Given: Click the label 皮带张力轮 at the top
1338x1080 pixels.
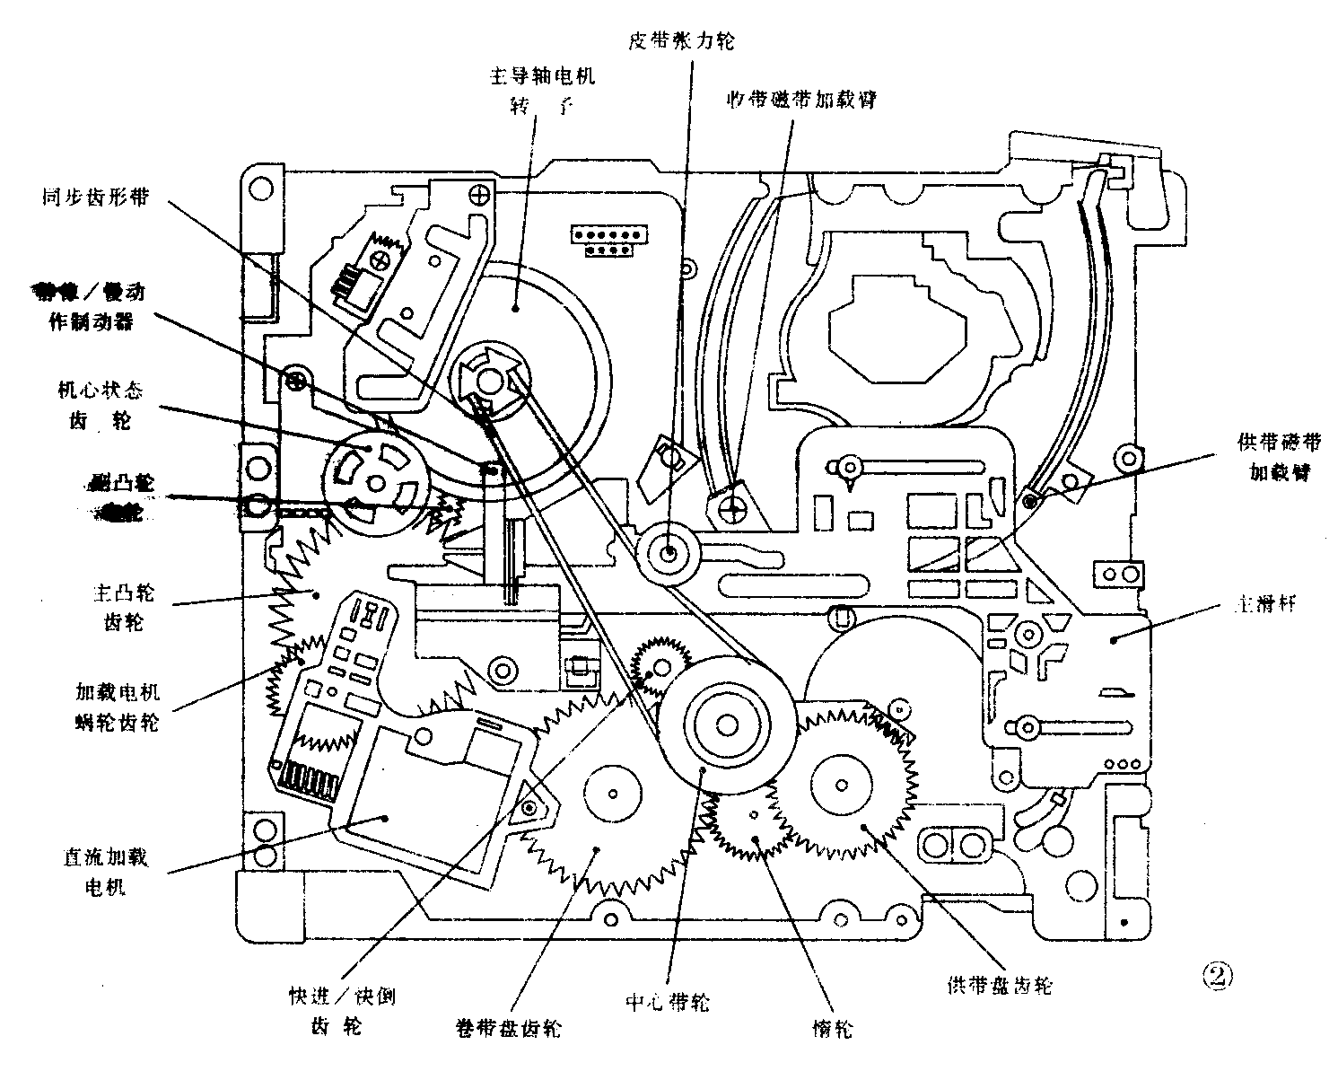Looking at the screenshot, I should pos(682,40).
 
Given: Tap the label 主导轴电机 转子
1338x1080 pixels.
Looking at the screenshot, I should pos(541,90).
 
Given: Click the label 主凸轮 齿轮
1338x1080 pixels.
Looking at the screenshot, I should pos(124,606).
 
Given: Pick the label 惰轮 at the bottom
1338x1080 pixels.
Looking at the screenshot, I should pos(832,1030).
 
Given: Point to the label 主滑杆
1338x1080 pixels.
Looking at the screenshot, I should pos(1264,604).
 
